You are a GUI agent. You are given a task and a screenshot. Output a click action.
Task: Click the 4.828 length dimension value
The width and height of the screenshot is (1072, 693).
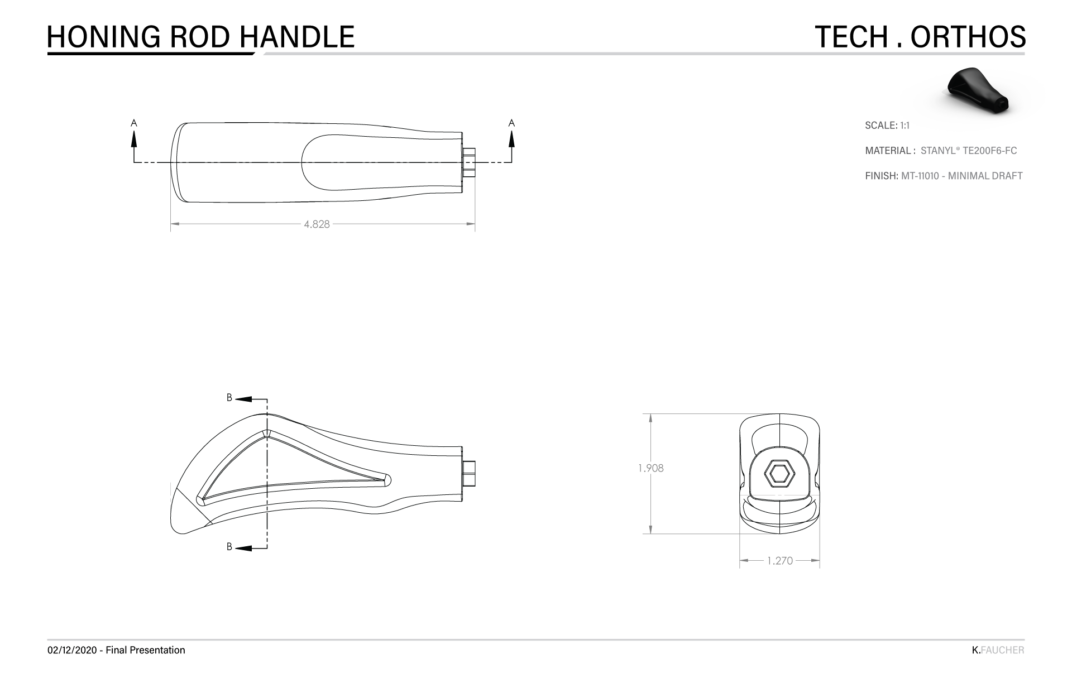pyautogui.click(x=317, y=224)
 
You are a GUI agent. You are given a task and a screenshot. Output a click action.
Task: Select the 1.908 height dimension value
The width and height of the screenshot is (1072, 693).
pyautogui.click(x=651, y=469)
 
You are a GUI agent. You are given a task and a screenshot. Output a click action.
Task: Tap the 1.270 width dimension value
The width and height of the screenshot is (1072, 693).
pyautogui.click(x=779, y=561)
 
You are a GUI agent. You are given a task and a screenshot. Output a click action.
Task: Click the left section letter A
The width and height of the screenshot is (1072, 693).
pyautogui.click(x=133, y=122)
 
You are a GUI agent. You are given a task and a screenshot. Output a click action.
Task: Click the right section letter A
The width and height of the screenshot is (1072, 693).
pyautogui.click(x=511, y=122)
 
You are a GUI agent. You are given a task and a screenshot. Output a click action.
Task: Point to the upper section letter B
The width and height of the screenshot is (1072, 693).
pyautogui.click(x=229, y=398)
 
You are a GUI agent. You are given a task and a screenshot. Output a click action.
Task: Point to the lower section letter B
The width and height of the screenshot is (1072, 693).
pyautogui.click(x=229, y=547)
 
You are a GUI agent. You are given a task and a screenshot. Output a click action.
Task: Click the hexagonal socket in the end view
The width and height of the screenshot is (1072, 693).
pyautogui.click(x=779, y=474)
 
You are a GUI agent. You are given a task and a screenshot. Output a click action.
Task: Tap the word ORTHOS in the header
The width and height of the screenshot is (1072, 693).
pyautogui.click(x=968, y=37)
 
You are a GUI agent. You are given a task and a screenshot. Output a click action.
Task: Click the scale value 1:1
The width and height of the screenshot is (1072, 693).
pyautogui.click(x=904, y=126)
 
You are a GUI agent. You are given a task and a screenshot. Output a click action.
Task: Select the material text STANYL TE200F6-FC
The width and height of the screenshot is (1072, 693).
pyautogui.click(x=968, y=151)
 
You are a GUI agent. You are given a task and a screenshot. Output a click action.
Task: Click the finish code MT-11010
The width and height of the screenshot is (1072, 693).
pyautogui.click(x=920, y=176)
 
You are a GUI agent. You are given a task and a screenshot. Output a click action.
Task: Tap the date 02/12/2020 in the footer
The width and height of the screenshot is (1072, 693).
pyautogui.click(x=73, y=650)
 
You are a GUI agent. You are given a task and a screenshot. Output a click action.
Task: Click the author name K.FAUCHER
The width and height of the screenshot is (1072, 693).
pyautogui.click(x=998, y=650)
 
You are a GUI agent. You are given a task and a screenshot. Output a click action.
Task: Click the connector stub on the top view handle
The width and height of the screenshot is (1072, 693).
pyautogui.click(x=470, y=162)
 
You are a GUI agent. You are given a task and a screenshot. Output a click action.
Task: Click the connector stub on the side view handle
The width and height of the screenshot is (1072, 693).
pyautogui.click(x=470, y=473)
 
